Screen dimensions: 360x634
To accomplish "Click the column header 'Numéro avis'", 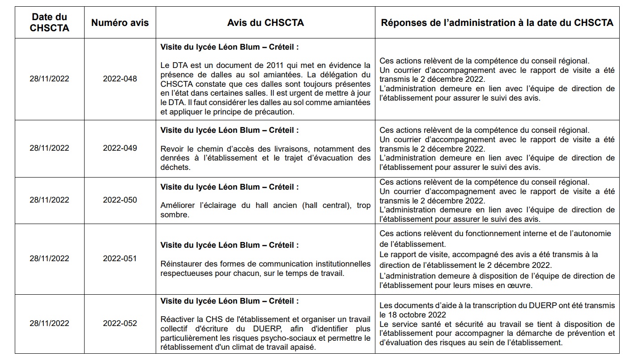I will pos(120,22).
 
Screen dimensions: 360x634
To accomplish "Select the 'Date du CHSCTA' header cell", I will pos(49,22).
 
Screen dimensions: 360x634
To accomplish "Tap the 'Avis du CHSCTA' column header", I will pos(265,22).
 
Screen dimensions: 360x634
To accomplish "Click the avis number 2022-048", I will pos(120,79).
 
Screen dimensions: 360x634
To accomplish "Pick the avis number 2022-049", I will pos(120,148).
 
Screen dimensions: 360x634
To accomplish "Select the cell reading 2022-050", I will pos(120,200).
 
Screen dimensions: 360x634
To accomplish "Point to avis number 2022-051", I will pos(120,258).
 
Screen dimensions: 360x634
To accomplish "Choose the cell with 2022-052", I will pos(120,323).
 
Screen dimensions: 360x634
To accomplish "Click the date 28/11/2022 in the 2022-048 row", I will pos(49,79).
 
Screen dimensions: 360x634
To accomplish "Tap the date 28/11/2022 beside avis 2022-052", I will pos(49,323).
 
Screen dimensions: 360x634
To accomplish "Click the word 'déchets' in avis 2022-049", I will pos(175,167).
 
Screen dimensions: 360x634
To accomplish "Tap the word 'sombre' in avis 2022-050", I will pos(174,215).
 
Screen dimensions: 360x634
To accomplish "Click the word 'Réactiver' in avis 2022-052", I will pos(176,319).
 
